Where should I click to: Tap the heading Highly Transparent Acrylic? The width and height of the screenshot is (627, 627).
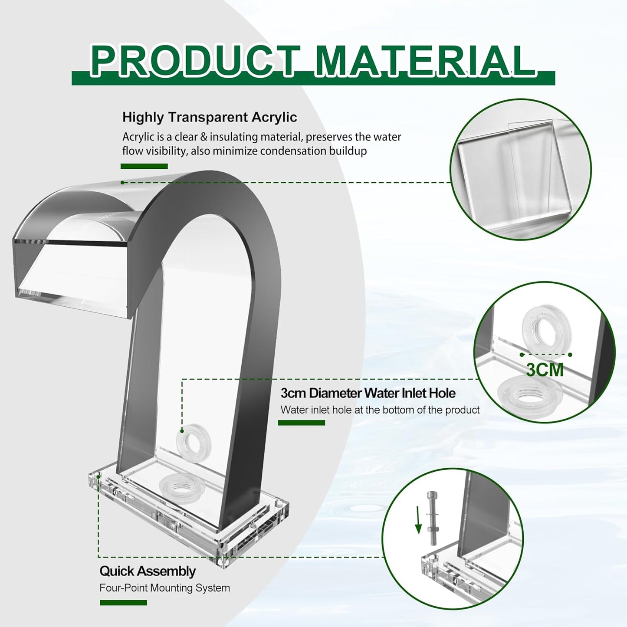210,117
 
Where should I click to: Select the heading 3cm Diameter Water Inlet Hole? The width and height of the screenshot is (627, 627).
368,393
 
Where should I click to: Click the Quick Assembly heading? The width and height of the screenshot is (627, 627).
148,571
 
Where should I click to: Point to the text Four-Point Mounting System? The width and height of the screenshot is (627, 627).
164,588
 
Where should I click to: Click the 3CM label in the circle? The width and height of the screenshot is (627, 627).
545,370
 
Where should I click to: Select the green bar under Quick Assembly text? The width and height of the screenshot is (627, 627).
123,603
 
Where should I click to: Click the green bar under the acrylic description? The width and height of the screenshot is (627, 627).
144,166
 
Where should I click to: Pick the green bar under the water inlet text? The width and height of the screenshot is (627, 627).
302,423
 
